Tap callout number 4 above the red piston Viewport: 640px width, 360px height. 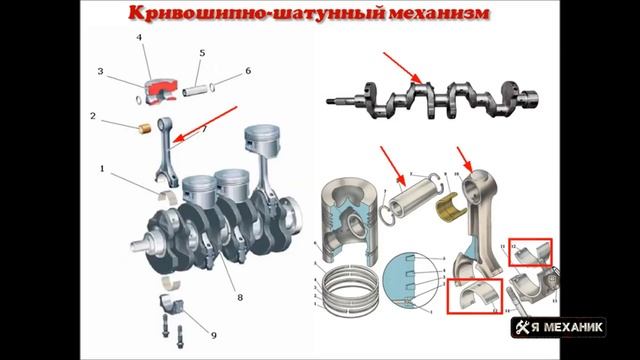[x=140, y=38]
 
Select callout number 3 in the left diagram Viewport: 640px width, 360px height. [x=101, y=72]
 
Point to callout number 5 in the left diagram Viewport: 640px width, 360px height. [x=201, y=52]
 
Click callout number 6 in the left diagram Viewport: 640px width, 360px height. [x=247, y=71]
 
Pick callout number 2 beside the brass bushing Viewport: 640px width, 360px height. [x=93, y=117]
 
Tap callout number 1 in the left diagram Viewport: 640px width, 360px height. [x=102, y=169]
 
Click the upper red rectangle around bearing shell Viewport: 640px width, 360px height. [x=530, y=254]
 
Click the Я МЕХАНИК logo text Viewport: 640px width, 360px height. [x=582, y=327]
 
